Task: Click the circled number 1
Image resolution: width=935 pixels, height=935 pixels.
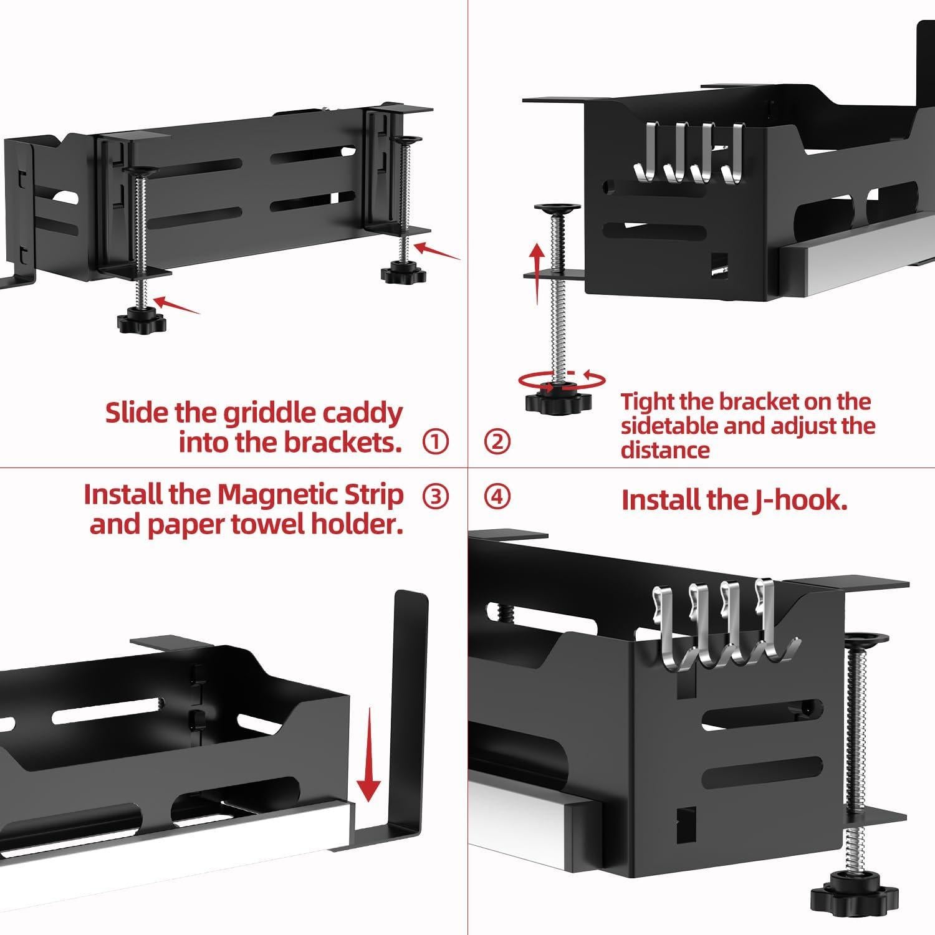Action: point(435,442)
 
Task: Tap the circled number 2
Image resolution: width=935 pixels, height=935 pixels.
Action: point(497,442)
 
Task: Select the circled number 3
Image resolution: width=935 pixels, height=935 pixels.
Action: point(435,496)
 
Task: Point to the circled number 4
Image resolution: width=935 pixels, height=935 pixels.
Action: point(497,496)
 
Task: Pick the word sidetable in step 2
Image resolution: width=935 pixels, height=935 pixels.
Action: point(693,426)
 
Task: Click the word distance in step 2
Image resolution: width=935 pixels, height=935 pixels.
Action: point(665,450)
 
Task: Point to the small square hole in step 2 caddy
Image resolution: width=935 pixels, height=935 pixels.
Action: point(720,261)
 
